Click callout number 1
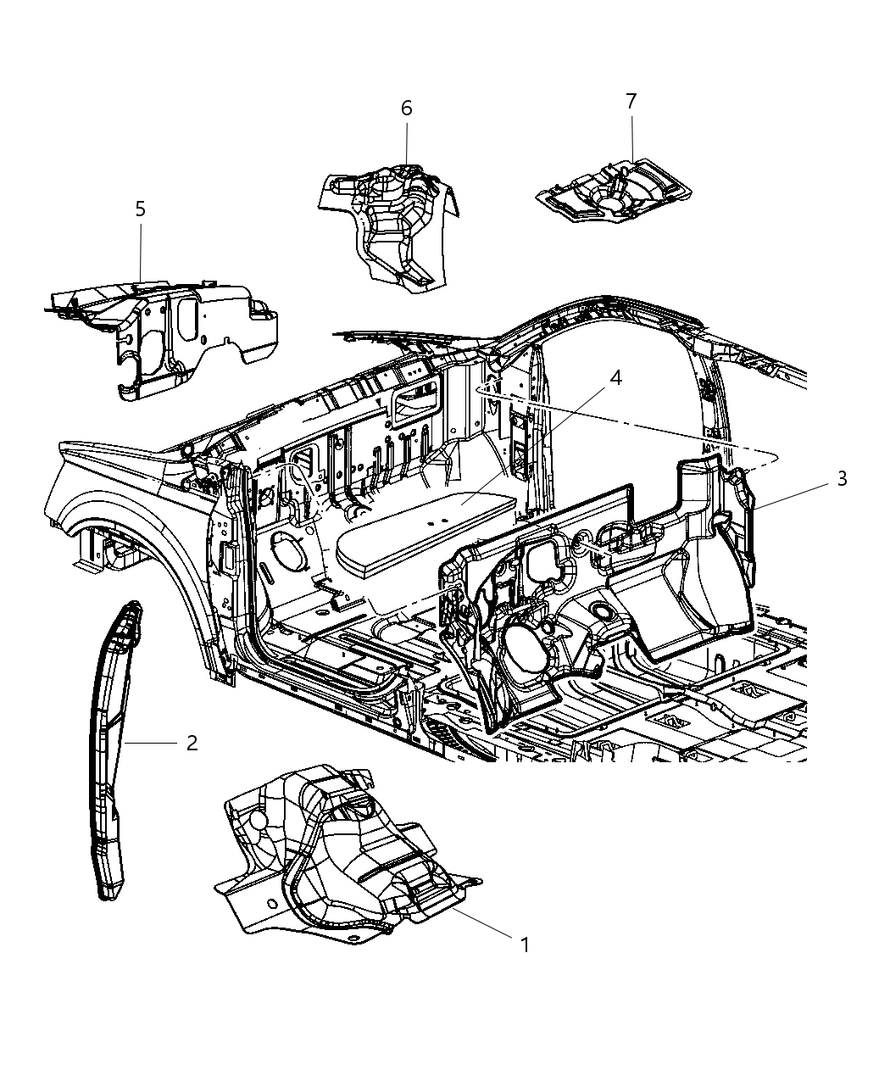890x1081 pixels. point(525,944)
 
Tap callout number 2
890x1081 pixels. point(192,743)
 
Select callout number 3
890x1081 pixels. point(841,479)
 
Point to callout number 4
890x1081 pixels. point(615,377)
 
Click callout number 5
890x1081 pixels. point(140,209)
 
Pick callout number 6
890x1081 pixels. point(406,109)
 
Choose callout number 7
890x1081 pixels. point(631,101)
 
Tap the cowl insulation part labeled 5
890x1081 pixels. point(170,331)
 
